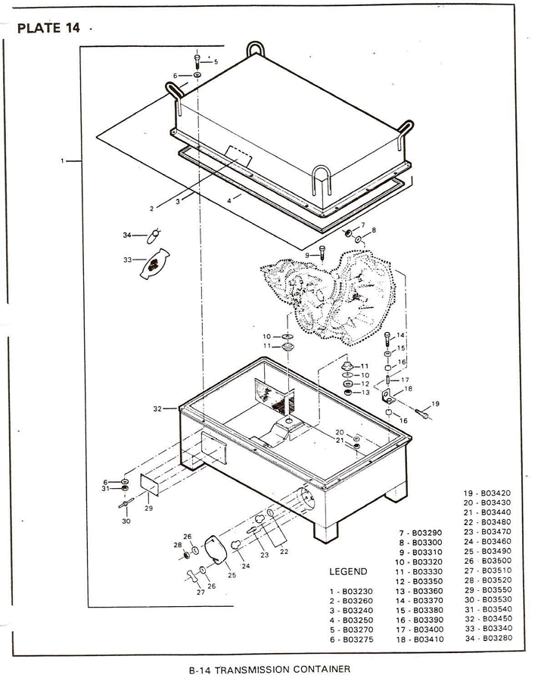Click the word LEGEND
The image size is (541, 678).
click(x=349, y=571)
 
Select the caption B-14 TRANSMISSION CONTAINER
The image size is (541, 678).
click(x=272, y=669)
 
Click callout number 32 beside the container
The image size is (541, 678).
click(x=157, y=408)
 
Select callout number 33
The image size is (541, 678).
click(x=127, y=260)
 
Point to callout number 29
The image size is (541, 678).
click(x=148, y=508)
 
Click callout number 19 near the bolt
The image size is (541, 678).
click(x=435, y=403)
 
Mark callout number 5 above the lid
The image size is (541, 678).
click(x=216, y=61)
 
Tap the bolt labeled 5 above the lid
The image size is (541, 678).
click(x=197, y=59)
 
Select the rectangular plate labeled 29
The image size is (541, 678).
click(x=148, y=484)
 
